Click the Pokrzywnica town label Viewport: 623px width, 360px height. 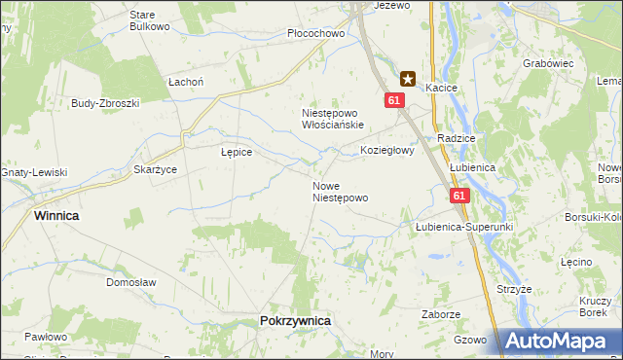(296, 320)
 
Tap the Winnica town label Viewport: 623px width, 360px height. (56, 214)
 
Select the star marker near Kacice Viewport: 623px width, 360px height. (408, 79)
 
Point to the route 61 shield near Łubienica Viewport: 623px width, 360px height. (460, 196)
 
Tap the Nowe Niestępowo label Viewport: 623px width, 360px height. (340, 191)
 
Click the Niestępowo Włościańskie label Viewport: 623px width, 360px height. (332, 119)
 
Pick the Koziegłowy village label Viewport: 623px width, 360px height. (387, 151)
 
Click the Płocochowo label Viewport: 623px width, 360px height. (316, 33)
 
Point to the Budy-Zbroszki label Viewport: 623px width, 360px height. (106, 102)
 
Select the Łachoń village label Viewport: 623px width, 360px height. (185, 82)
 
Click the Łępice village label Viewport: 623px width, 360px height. (237, 152)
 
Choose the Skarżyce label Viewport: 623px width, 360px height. (155, 169)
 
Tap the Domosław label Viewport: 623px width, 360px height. (131, 282)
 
